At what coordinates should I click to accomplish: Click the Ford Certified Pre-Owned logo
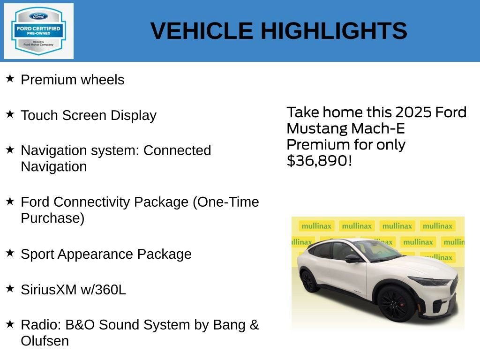tap(38, 31)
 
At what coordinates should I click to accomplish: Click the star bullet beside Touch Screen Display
tap(10, 114)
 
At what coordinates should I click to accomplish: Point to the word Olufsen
tap(45, 341)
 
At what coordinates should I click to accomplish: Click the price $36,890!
tap(319, 161)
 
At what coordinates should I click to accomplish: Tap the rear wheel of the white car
tap(310, 281)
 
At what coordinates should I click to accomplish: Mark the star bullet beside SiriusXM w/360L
tap(10, 288)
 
